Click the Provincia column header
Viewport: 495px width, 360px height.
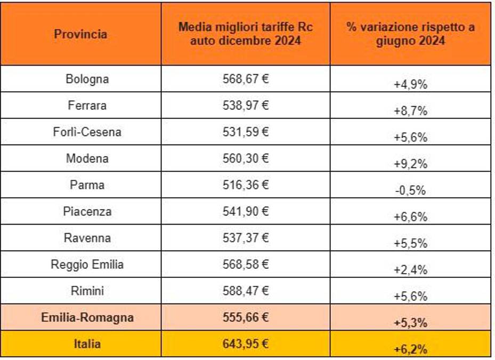pyautogui.click(x=80, y=34)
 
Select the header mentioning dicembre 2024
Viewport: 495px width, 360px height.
pyautogui.click(x=245, y=34)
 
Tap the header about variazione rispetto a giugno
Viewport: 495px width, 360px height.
pyautogui.click(x=410, y=34)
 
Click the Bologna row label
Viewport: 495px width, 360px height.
pyautogui.click(x=87, y=79)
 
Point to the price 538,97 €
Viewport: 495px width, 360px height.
pyautogui.click(x=245, y=105)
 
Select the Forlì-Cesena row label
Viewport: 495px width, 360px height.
pyautogui.click(x=87, y=132)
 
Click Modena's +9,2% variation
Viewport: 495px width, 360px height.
pyautogui.click(x=410, y=164)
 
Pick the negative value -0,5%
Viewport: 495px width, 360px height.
pyautogui.click(x=410, y=190)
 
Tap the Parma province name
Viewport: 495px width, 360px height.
pyautogui.click(x=87, y=185)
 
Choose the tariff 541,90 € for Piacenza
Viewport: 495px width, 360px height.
pyautogui.click(x=245, y=211)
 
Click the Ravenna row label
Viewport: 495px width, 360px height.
pyautogui.click(x=87, y=238)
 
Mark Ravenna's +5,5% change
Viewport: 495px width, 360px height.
pyautogui.click(x=410, y=244)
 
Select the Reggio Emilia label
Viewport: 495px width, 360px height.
pyautogui.click(x=87, y=265)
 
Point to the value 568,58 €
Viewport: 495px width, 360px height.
pyautogui.click(x=245, y=265)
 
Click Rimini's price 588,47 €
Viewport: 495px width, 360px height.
pyautogui.click(x=245, y=291)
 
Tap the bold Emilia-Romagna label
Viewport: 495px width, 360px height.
pyautogui.click(x=87, y=318)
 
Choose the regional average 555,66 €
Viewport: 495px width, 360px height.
pyautogui.click(x=245, y=317)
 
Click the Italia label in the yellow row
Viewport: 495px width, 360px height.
pyautogui.click(x=87, y=344)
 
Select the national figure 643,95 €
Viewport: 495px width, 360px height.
pyautogui.click(x=245, y=344)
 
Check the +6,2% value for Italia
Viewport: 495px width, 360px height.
pyautogui.click(x=410, y=349)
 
